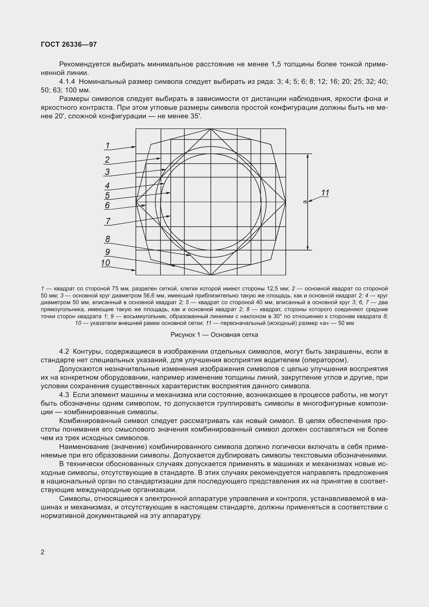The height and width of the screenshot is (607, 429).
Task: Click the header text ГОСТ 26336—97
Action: coord(69,44)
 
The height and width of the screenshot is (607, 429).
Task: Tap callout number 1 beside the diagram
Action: coord(108,145)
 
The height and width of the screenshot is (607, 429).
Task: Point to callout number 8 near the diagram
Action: coord(108,239)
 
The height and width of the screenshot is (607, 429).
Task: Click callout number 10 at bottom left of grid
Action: coord(105,263)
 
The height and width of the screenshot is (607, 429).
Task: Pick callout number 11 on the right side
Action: coord(325,193)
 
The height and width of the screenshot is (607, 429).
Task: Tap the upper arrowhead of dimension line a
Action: coord(308,156)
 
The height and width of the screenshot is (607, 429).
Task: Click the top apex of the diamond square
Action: coord(211,129)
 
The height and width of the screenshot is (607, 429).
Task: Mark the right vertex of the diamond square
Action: coord(286,202)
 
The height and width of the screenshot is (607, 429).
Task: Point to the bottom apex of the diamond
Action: coord(211,275)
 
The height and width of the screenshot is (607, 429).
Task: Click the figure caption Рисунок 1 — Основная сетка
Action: coord(214,335)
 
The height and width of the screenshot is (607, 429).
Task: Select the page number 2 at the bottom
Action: coord(43,552)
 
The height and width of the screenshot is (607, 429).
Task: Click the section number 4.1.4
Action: coord(68,82)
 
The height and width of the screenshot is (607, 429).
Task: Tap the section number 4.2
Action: coord(64,352)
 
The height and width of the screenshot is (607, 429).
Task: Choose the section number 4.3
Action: coord(64,395)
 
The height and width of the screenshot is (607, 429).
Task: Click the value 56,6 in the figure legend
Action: coord(149,295)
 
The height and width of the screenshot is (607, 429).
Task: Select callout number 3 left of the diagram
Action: coord(107,172)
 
